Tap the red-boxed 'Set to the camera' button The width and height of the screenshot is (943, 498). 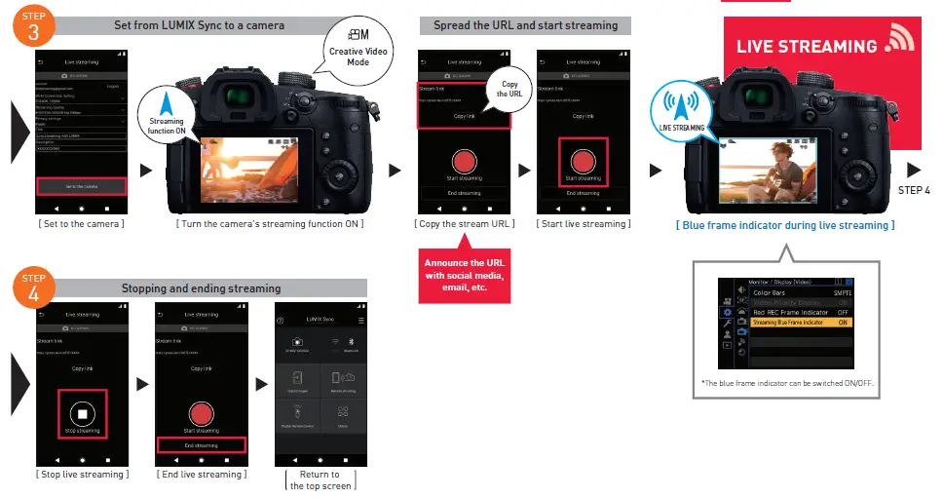point(81,185)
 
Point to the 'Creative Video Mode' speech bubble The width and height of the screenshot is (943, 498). point(358,48)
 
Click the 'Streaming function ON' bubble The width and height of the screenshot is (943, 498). point(167,113)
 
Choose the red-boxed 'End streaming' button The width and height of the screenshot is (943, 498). point(201,444)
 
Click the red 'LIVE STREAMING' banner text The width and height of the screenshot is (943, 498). point(808,47)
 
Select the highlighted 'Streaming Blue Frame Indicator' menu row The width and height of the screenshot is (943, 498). point(801,322)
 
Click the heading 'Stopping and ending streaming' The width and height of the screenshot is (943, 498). point(201,288)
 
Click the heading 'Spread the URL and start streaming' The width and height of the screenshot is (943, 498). point(525,25)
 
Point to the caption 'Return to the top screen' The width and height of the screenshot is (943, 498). point(320,480)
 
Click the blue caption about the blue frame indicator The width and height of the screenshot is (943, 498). point(784,225)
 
